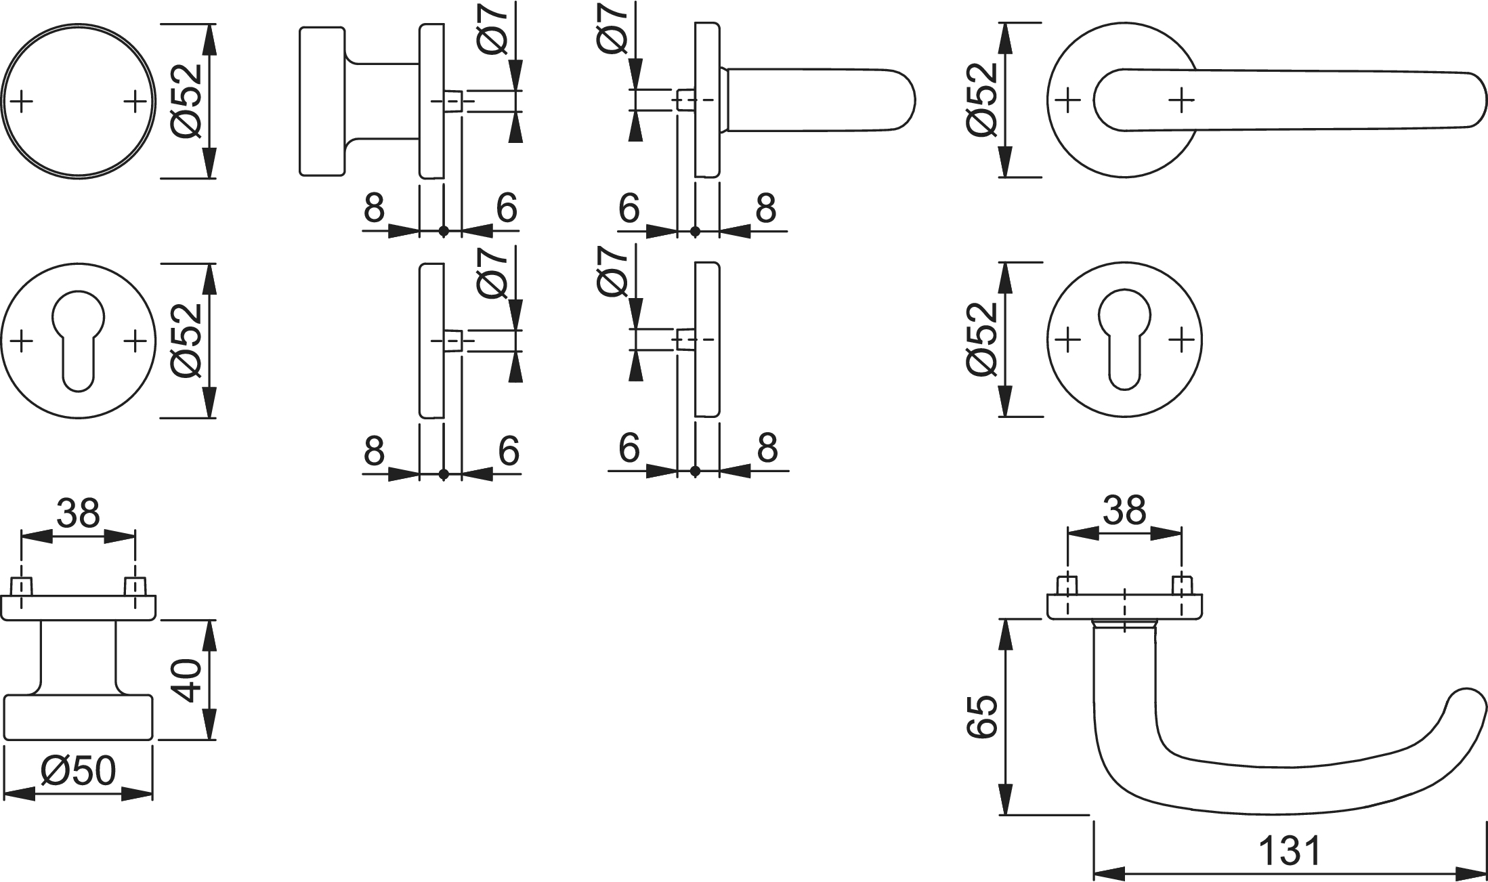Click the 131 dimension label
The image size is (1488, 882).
1290,851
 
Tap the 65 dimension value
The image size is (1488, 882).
981,715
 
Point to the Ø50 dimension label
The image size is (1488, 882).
79,770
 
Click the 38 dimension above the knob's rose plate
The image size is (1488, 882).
79,513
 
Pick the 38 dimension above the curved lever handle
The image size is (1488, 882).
1124,509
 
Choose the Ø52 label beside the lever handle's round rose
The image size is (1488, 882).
981,100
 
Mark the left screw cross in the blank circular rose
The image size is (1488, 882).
22,102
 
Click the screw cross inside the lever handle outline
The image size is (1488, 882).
1182,100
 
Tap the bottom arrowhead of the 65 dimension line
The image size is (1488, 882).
1006,802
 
